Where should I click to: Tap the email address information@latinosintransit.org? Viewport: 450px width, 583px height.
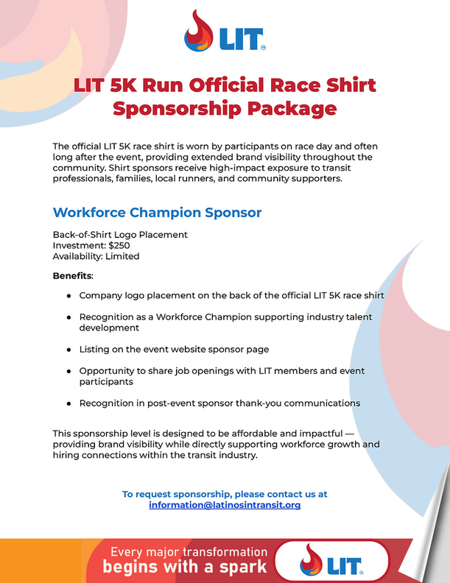225,506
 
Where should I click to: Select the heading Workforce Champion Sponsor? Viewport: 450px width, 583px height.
157,213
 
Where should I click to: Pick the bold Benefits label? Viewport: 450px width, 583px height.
73,276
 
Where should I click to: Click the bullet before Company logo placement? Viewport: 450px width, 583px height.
68,295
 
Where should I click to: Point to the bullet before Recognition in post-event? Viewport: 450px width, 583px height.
68,403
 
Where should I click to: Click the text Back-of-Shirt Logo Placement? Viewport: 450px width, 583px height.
120,235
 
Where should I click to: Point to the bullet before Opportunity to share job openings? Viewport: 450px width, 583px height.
68,371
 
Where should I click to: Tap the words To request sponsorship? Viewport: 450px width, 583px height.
175,494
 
